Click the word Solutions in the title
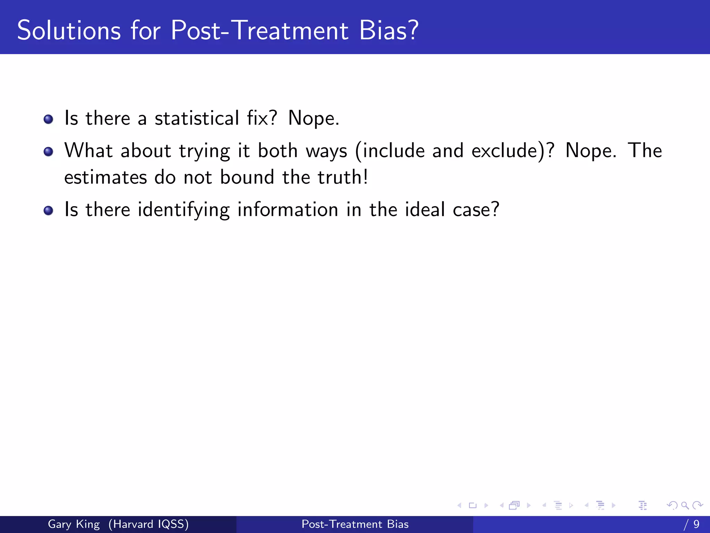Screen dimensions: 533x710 [x=69, y=31]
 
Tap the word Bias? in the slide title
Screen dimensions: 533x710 [x=389, y=31]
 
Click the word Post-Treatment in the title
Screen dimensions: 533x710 [x=259, y=31]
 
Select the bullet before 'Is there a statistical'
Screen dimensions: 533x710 [x=49, y=119]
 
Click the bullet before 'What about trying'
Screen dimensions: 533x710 [x=49, y=152]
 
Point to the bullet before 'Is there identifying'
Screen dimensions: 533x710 [x=49, y=211]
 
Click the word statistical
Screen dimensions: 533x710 [x=197, y=118]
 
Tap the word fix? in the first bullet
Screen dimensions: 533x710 [x=262, y=118]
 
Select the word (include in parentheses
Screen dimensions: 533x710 [x=390, y=151]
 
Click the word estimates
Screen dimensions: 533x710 [x=105, y=178]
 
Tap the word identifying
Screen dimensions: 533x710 [x=183, y=210]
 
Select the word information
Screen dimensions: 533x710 [x=287, y=210]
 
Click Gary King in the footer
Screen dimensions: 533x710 [x=73, y=524]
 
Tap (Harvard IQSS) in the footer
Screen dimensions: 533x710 [x=148, y=524]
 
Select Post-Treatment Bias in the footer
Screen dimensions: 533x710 [x=355, y=524]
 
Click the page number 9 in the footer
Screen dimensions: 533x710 [x=696, y=524]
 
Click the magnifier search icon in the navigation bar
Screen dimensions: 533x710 [x=685, y=505]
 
